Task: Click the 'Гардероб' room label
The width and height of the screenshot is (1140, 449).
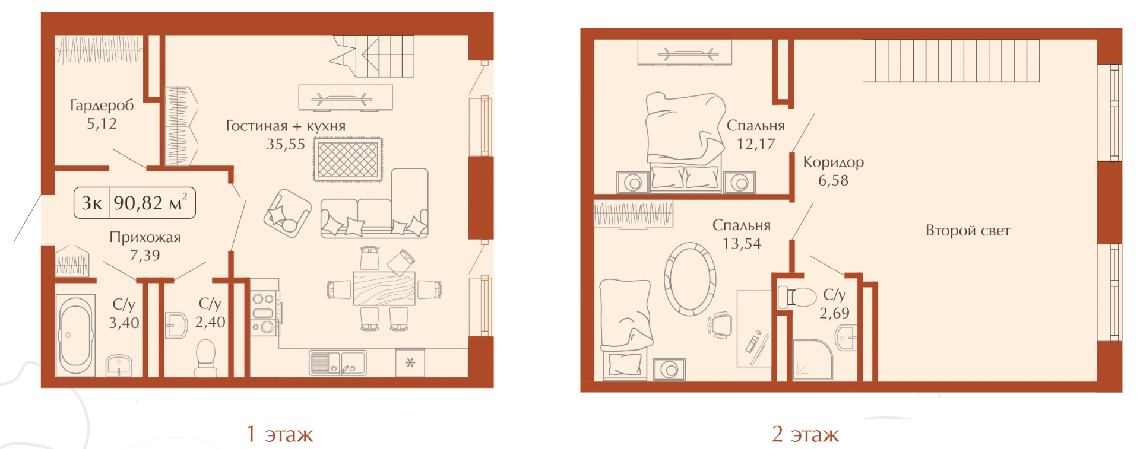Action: coord(102,106)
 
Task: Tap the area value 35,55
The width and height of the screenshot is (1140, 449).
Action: coord(286,144)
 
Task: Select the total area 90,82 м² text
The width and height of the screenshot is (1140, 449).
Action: coord(151,203)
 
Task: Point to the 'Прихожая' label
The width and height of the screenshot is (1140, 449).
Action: coord(145,237)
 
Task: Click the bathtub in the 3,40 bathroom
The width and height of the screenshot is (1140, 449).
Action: coord(75,335)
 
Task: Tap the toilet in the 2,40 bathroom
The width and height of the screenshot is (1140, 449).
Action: coord(206,357)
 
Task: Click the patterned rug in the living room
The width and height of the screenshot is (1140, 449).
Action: coord(348,159)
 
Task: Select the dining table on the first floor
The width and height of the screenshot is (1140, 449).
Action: coord(384,288)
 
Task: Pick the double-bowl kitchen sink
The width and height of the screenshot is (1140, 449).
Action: coord(338,362)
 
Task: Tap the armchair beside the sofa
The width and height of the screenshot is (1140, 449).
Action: coord(287,214)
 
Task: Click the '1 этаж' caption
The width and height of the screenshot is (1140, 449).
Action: coord(280,434)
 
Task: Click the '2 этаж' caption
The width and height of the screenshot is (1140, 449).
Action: coord(805,434)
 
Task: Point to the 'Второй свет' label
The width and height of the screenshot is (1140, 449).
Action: coord(968,231)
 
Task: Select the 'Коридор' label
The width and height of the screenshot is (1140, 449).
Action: coord(833,163)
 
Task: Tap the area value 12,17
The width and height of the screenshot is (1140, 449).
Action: coord(756,144)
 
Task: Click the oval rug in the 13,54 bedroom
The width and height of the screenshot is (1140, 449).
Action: coord(690,279)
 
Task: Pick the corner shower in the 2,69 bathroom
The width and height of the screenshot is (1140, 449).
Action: coord(813,359)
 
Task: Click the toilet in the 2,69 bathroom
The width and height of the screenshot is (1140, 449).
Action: coord(797,297)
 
